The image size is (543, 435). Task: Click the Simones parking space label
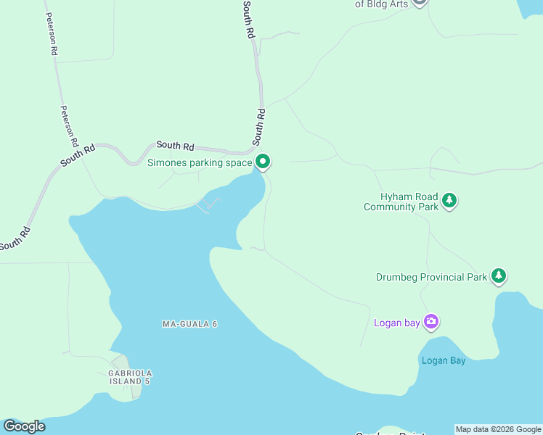pos(200,162)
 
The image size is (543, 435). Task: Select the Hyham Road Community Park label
pos(401,202)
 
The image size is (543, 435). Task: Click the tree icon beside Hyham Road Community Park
pos(449,201)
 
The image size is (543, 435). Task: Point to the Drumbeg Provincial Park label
pos(431,277)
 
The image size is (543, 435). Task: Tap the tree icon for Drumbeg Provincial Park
pos(498,276)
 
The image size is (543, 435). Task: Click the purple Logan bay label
pos(396,323)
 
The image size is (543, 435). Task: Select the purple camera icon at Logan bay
pos(431,322)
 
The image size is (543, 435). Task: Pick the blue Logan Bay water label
pos(443,360)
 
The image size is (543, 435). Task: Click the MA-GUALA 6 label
pos(189,323)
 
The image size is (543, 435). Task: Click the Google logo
pos(24,426)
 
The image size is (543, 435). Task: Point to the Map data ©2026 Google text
pos(498,429)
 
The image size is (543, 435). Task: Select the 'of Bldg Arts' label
pos(380,4)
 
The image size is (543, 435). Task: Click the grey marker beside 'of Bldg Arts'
pos(419,2)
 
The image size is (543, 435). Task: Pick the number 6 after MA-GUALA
pos(215,323)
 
